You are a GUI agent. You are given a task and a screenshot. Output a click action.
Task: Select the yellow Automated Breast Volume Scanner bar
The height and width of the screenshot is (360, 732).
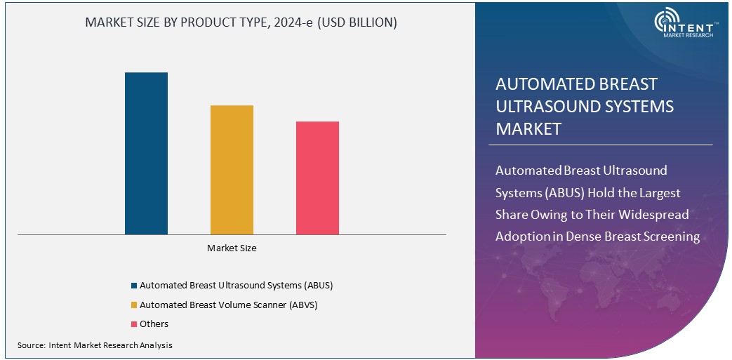pyautogui.click(x=232, y=170)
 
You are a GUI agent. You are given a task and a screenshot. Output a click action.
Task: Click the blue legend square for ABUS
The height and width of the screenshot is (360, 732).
pyautogui.click(x=134, y=286)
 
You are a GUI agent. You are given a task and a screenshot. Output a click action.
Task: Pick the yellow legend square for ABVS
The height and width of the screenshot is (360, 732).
pyautogui.click(x=134, y=305)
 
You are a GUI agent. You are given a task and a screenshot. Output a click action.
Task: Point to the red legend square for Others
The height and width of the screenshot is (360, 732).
pyautogui.click(x=134, y=324)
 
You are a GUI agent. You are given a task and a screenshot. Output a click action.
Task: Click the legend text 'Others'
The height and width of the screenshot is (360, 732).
pyautogui.click(x=154, y=324)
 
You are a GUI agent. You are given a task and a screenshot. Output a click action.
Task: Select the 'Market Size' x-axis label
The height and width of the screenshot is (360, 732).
pyautogui.click(x=232, y=248)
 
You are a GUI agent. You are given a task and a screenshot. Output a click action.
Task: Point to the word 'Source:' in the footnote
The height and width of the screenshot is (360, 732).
pyautogui.click(x=32, y=345)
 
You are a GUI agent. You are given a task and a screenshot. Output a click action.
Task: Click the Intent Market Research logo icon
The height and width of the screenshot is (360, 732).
pyautogui.click(x=667, y=23)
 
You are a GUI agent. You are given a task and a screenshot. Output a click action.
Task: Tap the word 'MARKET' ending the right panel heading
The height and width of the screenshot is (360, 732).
pyautogui.click(x=528, y=129)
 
